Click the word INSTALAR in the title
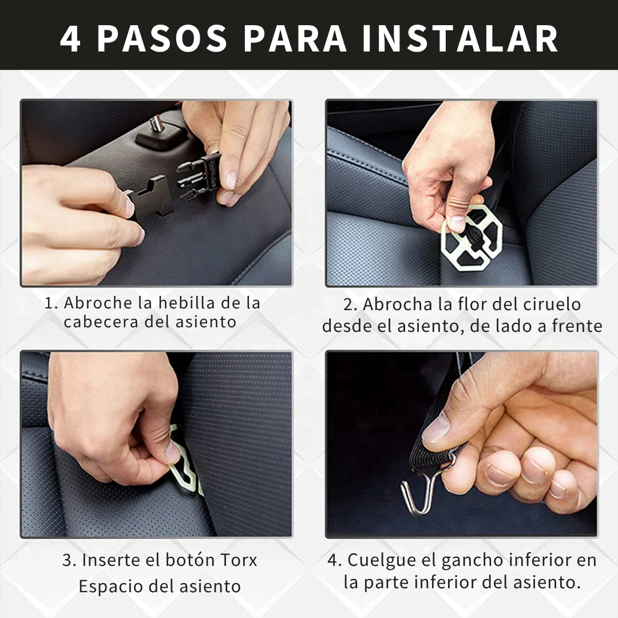(x=460, y=39)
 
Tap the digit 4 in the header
(x=70, y=39)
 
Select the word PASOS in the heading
(x=163, y=39)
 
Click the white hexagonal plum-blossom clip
(x=472, y=236)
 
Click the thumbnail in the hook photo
(x=435, y=427)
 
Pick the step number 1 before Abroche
(x=49, y=303)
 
